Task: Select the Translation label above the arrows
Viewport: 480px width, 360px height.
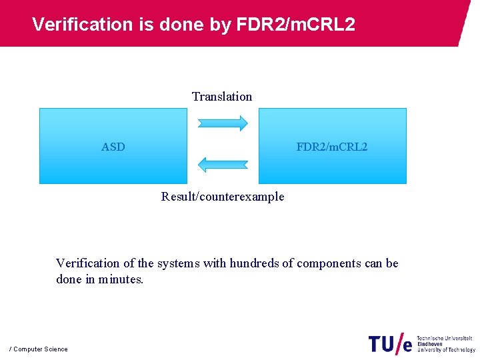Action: (x=222, y=97)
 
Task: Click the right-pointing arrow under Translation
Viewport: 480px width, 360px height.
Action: (x=223, y=123)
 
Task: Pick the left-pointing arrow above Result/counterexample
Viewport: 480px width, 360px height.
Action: (x=223, y=164)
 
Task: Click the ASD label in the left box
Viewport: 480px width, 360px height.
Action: (x=113, y=147)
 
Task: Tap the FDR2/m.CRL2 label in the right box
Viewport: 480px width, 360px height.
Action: (x=331, y=147)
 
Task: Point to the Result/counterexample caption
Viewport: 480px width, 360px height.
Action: (x=222, y=197)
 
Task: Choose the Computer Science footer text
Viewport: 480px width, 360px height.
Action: (x=40, y=349)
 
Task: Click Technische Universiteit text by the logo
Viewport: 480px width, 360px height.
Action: (x=445, y=338)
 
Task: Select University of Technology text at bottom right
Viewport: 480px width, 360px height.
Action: (x=446, y=350)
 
